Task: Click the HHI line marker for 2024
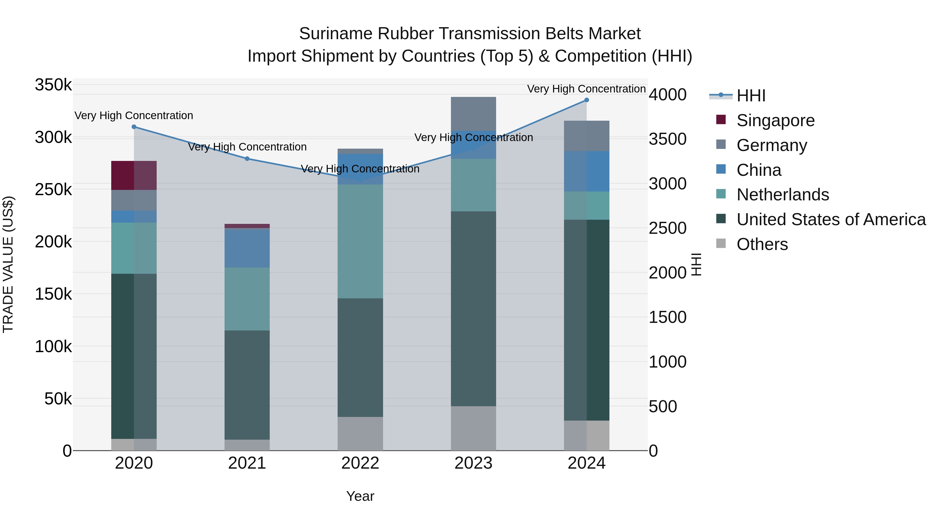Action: [x=586, y=100]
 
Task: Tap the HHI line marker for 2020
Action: [x=134, y=127]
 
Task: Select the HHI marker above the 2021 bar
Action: [x=247, y=159]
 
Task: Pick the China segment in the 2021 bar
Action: [x=247, y=248]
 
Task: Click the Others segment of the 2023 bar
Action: [x=473, y=428]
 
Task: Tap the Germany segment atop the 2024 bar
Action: [x=586, y=136]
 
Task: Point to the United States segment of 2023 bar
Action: [x=473, y=309]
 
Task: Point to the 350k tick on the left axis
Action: [x=53, y=85]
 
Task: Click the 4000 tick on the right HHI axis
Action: [x=667, y=95]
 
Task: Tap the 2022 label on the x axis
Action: [x=360, y=463]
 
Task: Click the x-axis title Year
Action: [x=360, y=496]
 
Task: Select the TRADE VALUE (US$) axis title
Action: [x=8, y=264]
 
